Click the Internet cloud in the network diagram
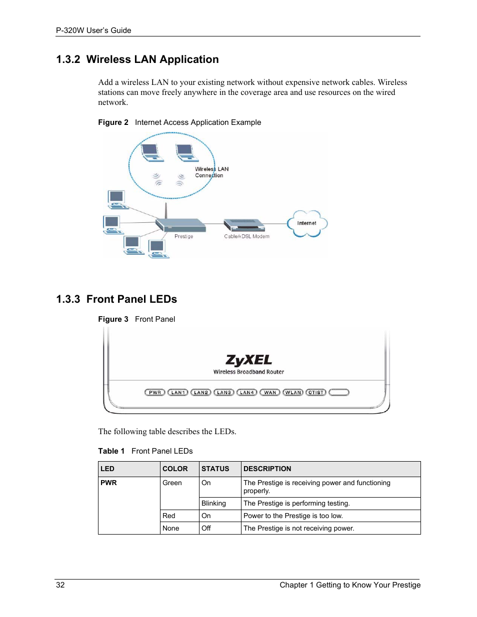pyautogui.click(x=307, y=223)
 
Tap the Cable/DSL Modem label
pyautogui.click(x=246, y=236)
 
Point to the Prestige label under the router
pyautogui.click(x=183, y=236)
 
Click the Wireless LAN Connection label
pyautogui.click(x=211, y=172)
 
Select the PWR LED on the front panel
pyautogui.click(x=155, y=393)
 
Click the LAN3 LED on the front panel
pyautogui.click(x=224, y=393)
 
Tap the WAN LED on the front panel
pyautogui.click(x=270, y=393)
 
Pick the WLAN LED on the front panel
pyautogui.click(x=293, y=393)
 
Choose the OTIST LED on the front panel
pyautogui.click(x=316, y=393)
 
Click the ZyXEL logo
pyautogui.click(x=248, y=360)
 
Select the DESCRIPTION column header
pyautogui.click(x=267, y=469)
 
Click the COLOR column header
pyautogui.click(x=175, y=469)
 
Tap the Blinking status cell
pyautogui.click(x=213, y=504)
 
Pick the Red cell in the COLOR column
pyautogui.click(x=169, y=516)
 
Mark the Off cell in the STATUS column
pyautogui.click(x=206, y=529)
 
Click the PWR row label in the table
pyautogui.click(x=108, y=483)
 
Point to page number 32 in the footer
pyautogui.click(x=60, y=585)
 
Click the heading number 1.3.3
pyautogui.click(x=68, y=299)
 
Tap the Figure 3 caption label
pyautogui.click(x=113, y=319)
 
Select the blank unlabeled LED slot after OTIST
pyautogui.click(x=339, y=393)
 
